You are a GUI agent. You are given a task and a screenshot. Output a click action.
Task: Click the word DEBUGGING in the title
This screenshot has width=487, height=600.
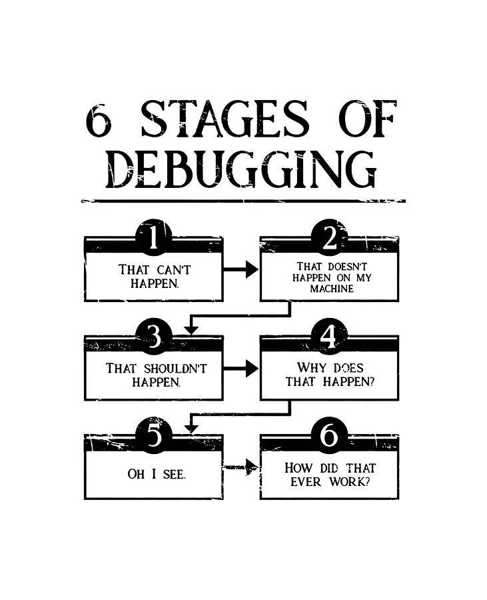point(241,169)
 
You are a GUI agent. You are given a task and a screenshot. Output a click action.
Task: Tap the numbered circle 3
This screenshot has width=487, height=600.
point(154,336)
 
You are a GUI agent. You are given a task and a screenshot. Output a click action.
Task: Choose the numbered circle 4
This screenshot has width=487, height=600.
point(330,336)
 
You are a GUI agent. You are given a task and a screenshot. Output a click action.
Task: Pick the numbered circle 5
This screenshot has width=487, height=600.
point(154,435)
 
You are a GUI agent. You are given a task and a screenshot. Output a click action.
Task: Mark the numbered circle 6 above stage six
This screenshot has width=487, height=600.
point(330,435)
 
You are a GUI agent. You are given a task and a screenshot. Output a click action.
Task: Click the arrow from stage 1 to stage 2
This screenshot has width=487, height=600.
point(241,269)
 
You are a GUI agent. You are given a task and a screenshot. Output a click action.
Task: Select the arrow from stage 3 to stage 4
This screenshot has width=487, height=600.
point(241,369)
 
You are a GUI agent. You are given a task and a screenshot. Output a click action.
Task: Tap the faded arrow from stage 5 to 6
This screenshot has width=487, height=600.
point(241,467)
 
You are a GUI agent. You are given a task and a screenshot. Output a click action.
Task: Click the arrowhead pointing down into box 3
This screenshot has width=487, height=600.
point(191,330)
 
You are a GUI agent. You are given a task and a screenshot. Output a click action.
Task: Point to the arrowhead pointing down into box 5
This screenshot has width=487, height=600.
point(191,429)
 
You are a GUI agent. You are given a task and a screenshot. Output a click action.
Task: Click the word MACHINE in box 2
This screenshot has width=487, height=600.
point(332,289)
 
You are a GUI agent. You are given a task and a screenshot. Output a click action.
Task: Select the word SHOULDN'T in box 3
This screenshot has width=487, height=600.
point(175,369)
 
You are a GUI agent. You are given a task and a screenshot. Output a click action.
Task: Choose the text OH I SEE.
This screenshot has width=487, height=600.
point(157,475)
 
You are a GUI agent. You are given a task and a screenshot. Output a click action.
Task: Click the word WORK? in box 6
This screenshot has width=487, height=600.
point(350,482)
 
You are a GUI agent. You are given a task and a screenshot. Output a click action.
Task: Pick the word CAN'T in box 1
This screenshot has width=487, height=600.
point(173,270)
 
